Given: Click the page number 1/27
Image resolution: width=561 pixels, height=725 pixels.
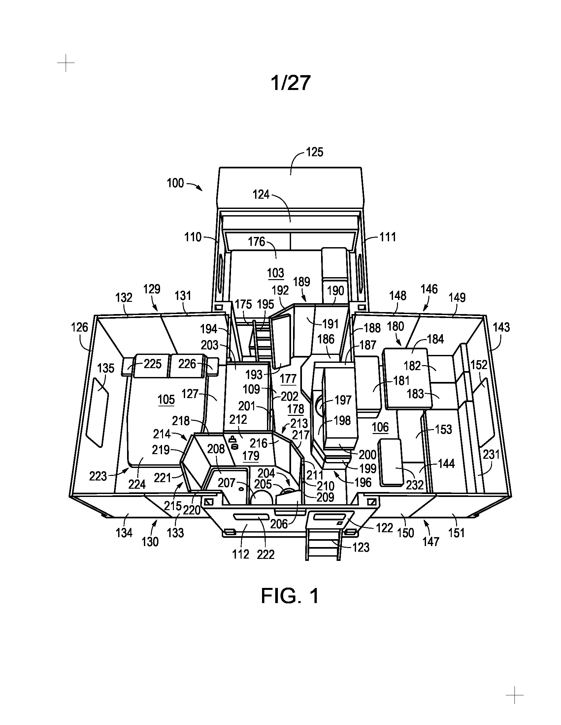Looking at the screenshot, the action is tap(291, 83).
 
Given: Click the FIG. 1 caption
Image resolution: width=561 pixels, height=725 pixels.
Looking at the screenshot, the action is tap(290, 595).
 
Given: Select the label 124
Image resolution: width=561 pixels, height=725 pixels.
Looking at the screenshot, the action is tap(261, 194).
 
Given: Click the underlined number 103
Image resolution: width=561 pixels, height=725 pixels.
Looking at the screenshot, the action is tap(276, 273).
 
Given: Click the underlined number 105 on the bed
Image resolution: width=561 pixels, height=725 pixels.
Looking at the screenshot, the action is tap(166, 400).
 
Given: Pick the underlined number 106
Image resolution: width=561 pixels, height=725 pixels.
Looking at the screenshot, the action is tap(380, 427).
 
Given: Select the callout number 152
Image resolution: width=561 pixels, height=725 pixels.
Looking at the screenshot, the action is tap(479, 365).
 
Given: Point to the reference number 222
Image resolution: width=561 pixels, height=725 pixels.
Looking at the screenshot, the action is tap(266, 554).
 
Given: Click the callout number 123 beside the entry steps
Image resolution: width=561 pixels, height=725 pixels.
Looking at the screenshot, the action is tap(361, 547).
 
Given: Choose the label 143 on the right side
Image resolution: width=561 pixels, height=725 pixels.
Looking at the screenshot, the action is tap(501, 327).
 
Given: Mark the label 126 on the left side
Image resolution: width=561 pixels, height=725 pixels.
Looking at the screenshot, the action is tap(80, 327).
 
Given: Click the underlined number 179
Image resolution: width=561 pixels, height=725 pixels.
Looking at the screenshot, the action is tap(251, 456).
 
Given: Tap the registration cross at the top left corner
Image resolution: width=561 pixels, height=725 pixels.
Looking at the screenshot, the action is tap(66, 63).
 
